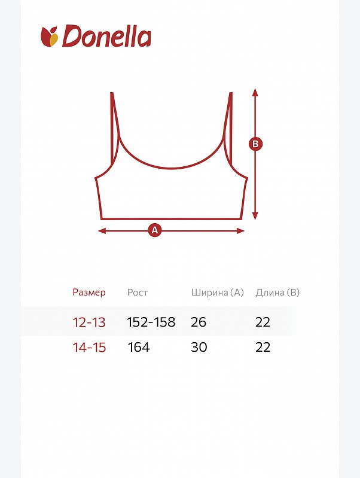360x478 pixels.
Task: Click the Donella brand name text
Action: (106, 36)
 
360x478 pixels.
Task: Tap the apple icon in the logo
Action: (50, 36)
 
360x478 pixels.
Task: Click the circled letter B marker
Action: (255, 144)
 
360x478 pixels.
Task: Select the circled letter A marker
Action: (155, 230)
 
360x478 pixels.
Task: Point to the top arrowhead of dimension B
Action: (255, 92)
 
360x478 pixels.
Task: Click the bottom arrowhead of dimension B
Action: (255, 216)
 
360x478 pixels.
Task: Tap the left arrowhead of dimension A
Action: (102, 231)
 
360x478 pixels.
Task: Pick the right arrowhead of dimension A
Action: (240, 231)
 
